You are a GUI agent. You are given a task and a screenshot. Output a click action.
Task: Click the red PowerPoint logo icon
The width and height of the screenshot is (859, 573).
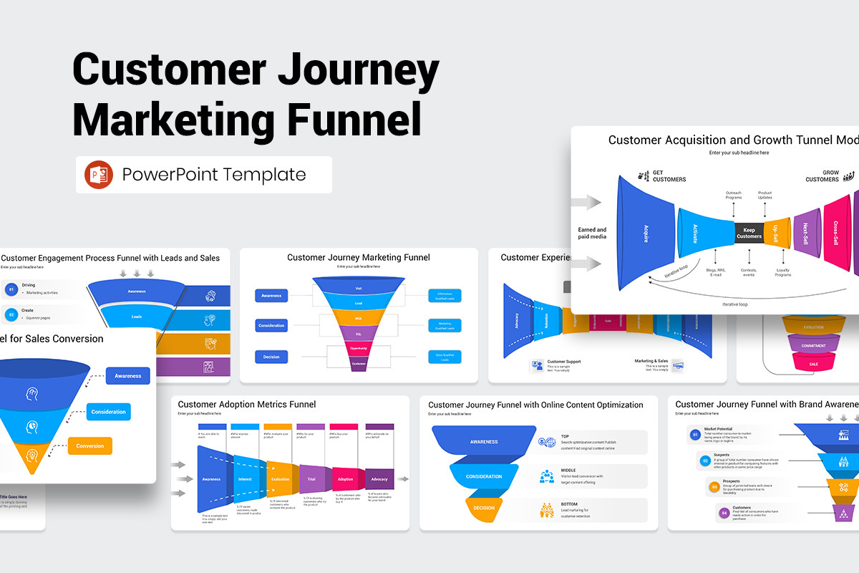[99, 175]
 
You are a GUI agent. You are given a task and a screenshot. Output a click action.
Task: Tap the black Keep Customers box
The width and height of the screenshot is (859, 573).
[749, 232]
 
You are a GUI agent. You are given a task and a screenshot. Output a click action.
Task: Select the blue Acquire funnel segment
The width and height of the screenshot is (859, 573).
[646, 233]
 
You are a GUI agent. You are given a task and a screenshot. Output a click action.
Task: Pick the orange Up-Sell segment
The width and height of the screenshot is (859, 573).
[777, 232]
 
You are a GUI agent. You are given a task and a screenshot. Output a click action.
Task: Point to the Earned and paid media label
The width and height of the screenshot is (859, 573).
[592, 233]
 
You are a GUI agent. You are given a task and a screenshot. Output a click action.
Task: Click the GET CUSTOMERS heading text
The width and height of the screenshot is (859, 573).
[669, 175]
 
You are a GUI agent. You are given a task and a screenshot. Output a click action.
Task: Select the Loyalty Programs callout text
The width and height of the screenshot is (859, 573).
[782, 271]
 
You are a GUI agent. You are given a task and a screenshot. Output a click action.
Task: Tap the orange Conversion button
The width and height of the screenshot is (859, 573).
[89, 446]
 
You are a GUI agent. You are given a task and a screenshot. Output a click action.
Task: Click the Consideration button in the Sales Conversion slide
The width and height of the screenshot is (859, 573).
[108, 412]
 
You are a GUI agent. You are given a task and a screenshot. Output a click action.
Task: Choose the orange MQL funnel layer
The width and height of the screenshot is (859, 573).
[359, 319]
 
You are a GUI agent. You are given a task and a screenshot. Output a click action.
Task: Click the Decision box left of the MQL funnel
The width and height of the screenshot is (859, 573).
[271, 356]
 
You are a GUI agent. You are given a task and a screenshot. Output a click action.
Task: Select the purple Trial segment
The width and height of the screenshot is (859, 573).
[311, 478]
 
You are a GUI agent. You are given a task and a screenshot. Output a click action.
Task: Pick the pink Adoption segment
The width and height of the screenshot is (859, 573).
[345, 478]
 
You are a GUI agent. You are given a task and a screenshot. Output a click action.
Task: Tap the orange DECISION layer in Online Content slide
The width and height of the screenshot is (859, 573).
[484, 508]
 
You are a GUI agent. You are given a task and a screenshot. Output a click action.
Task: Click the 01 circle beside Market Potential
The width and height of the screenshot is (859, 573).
[694, 435]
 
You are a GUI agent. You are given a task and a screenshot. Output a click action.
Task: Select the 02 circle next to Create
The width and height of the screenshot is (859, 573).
[11, 314]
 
